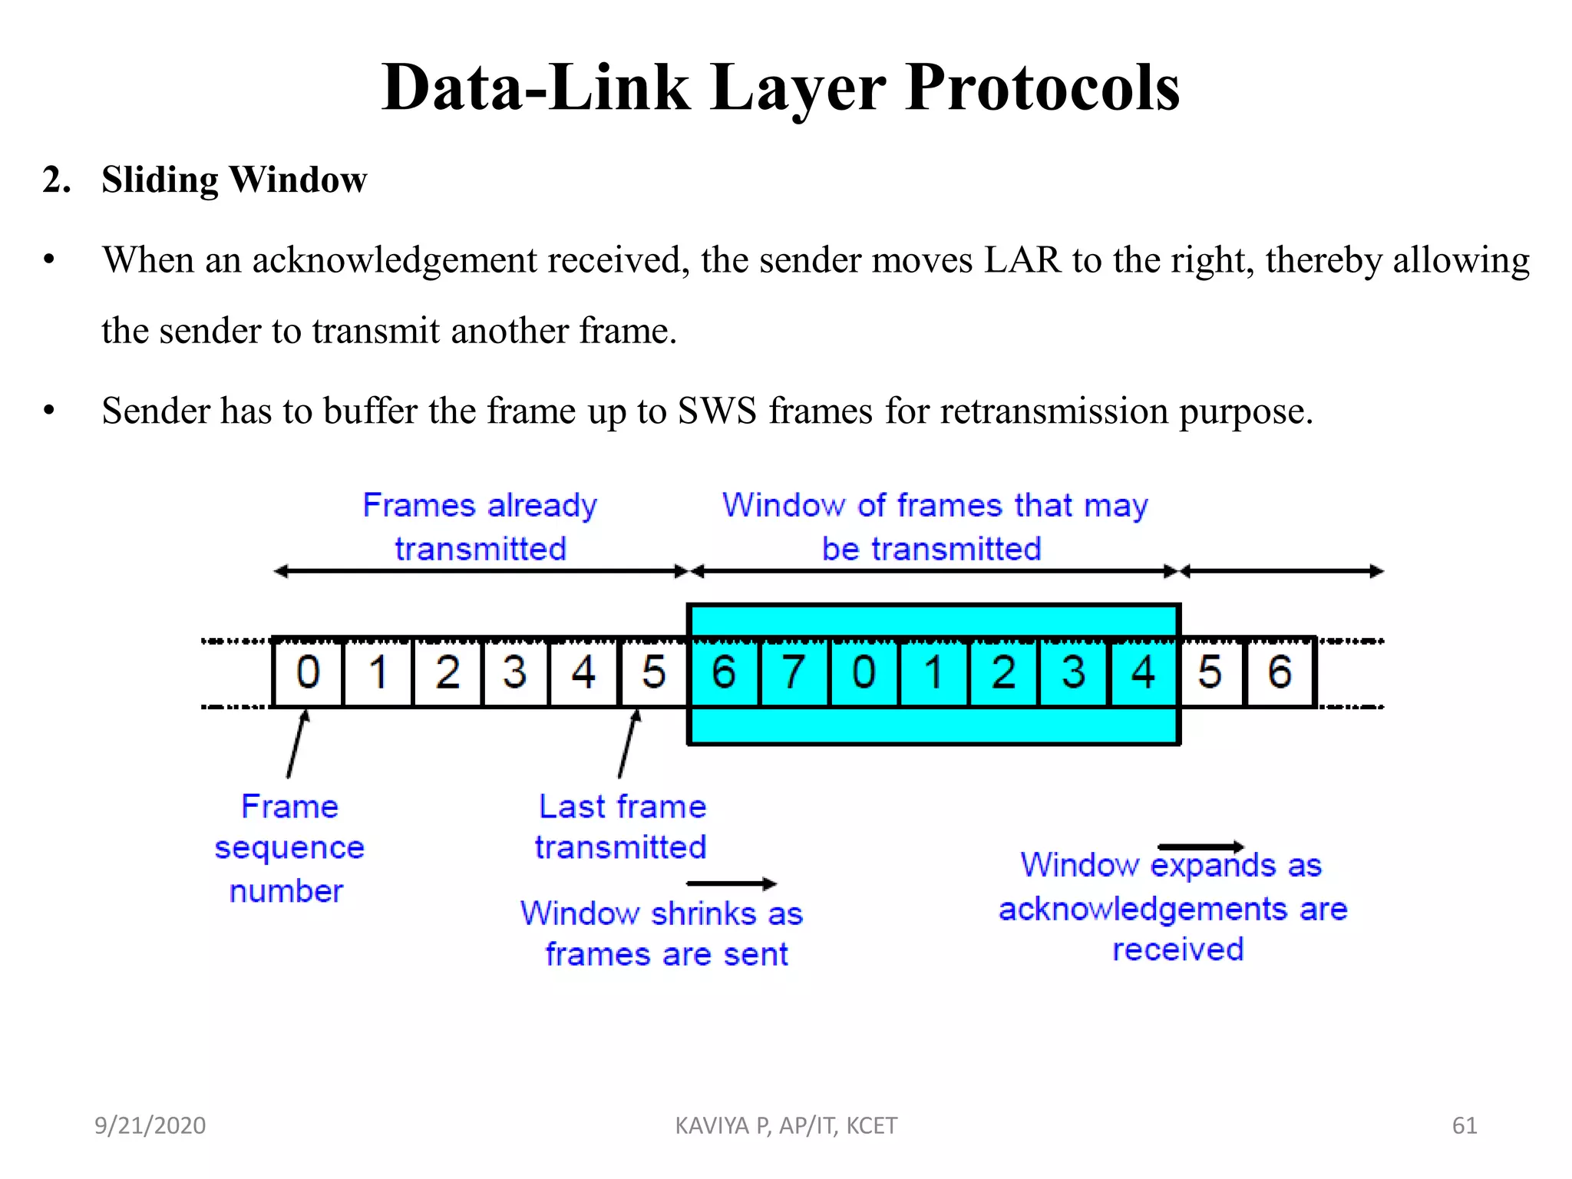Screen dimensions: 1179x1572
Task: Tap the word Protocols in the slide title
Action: (1042, 88)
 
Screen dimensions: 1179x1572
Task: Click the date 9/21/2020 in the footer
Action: (150, 1125)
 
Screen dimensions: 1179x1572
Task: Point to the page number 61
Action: (1465, 1125)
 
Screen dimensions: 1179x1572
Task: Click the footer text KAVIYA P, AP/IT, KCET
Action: (786, 1125)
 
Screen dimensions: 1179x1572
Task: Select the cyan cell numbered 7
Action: (794, 672)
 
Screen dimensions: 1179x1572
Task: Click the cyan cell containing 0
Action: (864, 672)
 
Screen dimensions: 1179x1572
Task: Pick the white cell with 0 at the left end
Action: (308, 672)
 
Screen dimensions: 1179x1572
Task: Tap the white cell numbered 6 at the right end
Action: (1280, 672)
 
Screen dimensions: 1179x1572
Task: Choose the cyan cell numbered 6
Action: (724, 672)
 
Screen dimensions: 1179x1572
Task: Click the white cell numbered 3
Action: (515, 672)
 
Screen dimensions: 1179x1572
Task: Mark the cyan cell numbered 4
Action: (1143, 672)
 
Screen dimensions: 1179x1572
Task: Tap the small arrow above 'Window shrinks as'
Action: (732, 884)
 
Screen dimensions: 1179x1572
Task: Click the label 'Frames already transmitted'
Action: (480, 527)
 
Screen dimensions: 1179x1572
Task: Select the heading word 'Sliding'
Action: (160, 180)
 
